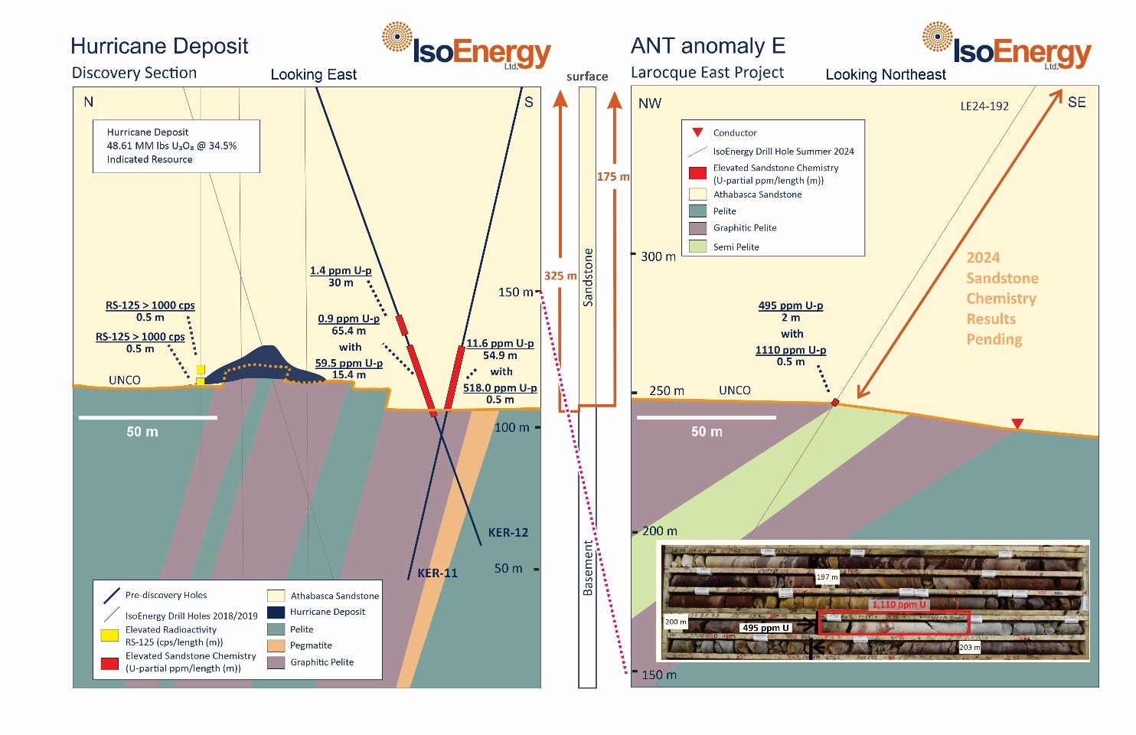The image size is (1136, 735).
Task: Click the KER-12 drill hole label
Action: tap(508, 532)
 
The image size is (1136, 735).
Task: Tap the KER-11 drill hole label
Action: tap(437, 573)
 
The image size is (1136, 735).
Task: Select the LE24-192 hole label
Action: tap(984, 106)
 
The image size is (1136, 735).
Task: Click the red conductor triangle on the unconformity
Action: tap(1017, 423)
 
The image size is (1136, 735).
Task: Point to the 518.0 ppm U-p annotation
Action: tap(500, 388)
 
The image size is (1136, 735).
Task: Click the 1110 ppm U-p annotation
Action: tap(791, 350)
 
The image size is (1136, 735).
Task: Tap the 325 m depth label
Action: tap(560, 276)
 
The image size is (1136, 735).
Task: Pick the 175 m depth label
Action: tap(613, 177)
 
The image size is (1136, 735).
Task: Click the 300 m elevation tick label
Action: tap(658, 256)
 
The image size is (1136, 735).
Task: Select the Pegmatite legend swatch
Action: tap(276, 645)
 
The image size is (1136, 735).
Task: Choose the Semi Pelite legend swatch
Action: tap(697, 247)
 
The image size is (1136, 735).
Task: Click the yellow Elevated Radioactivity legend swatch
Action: tap(109, 635)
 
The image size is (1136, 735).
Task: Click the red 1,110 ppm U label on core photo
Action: tap(899, 604)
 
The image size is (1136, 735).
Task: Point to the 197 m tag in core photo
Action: tap(827, 577)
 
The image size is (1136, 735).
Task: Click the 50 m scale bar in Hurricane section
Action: tap(148, 417)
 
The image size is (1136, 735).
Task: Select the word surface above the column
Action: tap(587, 77)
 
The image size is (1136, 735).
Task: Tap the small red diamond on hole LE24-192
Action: tap(836, 402)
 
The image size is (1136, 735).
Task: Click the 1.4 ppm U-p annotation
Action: tap(341, 270)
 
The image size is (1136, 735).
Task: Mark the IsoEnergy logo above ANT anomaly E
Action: tap(1007, 47)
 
